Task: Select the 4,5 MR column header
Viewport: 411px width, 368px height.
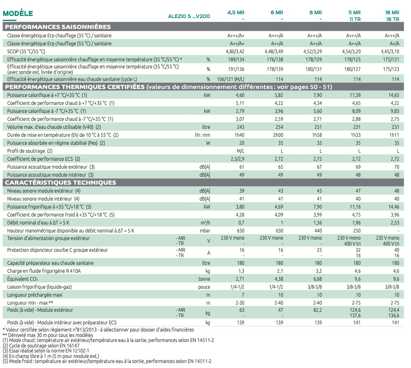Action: (x=237, y=13)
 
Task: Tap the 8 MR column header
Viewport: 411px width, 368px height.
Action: (x=315, y=13)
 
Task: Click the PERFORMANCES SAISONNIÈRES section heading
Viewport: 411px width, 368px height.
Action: (x=58, y=27)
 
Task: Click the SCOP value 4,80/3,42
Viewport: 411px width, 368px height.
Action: (x=235, y=51)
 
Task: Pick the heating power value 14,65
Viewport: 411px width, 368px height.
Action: (x=394, y=95)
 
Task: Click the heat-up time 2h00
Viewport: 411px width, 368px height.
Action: (x=277, y=135)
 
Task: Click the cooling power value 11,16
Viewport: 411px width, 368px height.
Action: (x=355, y=207)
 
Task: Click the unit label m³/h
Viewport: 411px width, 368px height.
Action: (x=205, y=223)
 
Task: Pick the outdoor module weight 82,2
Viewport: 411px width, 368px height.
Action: (x=317, y=310)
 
